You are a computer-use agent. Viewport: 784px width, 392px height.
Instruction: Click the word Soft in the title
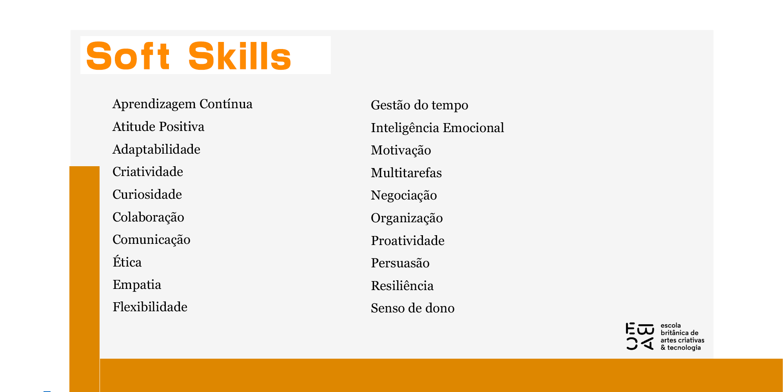[128, 56]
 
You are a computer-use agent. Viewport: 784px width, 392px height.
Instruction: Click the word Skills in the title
[240, 56]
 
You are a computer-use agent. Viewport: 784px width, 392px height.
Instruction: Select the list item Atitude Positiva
[158, 127]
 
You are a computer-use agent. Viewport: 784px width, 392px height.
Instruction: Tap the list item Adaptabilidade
[156, 150]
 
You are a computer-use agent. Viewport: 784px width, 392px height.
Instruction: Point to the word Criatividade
[148, 172]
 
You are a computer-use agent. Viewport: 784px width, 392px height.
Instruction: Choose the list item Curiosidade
[147, 194]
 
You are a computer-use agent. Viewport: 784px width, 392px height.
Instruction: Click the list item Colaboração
[148, 218]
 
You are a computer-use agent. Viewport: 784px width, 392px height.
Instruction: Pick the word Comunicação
[151, 240]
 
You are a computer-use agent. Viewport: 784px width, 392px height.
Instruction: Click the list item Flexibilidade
[150, 307]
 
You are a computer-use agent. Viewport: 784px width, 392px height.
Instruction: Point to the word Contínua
[226, 104]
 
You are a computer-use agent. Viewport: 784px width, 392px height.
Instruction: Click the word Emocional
[473, 128]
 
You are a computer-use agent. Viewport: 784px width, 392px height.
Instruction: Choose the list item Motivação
[401, 151]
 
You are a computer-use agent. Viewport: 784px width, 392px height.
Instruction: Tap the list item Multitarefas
[407, 173]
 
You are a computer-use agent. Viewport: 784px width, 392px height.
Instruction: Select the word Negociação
[404, 196]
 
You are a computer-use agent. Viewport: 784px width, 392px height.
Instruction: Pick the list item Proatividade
[408, 241]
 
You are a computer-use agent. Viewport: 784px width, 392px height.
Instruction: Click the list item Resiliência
[402, 285]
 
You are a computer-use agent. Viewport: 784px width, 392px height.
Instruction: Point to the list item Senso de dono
[413, 309]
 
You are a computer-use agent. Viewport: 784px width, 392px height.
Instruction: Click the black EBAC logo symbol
[640, 336]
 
